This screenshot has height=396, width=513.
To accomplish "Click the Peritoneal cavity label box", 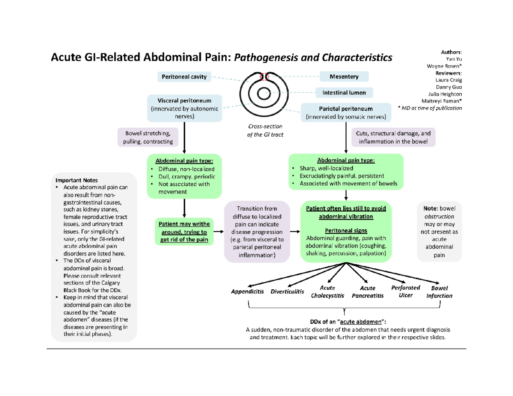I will tap(184, 77).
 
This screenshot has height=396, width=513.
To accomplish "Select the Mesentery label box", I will tap(344, 77).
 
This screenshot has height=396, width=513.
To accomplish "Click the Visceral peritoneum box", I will tap(184, 108).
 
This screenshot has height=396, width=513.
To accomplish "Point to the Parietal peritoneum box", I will tap(346, 112).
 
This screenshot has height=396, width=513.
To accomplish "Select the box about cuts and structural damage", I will tap(393, 137).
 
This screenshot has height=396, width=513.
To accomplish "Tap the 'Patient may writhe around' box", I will tap(183, 232).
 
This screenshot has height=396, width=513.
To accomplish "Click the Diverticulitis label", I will tap(287, 292).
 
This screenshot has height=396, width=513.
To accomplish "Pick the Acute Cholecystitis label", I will tap(327, 292).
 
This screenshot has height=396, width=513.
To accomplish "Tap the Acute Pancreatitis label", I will tap(367, 292).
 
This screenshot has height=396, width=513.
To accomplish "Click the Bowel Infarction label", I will tap(439, 292).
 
